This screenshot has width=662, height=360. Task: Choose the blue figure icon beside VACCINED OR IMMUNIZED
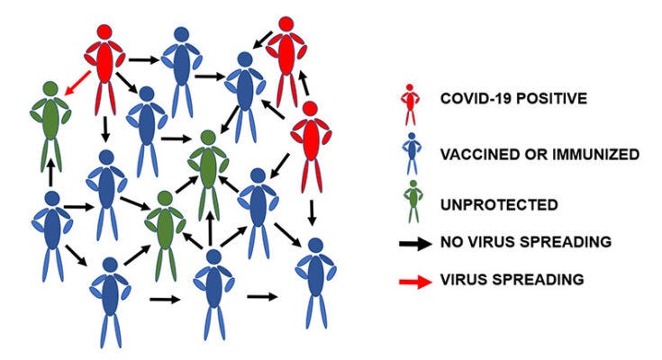pyautogui.click(x=410, y=154)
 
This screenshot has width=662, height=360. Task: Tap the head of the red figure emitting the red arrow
pyautogui.click(x=104, y=31)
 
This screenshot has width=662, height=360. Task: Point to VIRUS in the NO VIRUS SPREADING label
pyautogui.click(x=490, y=241)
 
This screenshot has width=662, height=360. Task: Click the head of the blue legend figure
pyautogui.click(x=411, y=139)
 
